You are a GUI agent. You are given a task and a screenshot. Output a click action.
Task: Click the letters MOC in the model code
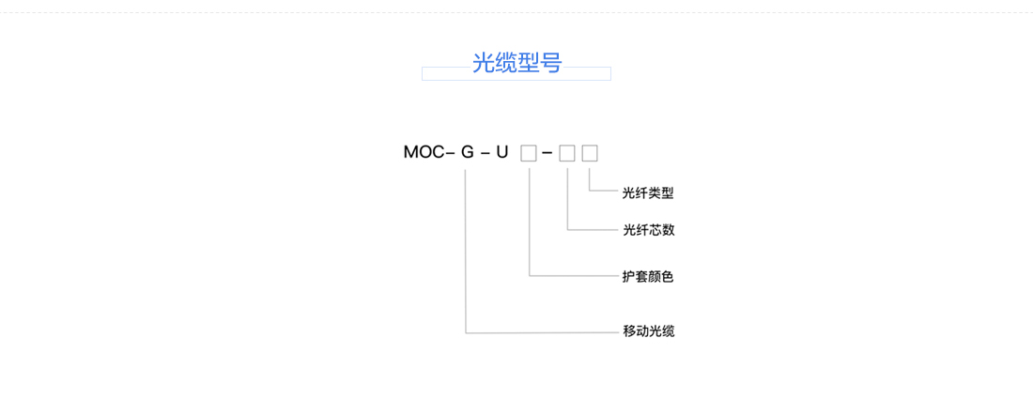[424, 153]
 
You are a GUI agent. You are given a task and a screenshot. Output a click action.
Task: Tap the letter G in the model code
[467, 153]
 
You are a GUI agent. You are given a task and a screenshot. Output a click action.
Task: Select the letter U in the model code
[502, 153]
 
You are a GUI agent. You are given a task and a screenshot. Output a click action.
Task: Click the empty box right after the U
[529, 153]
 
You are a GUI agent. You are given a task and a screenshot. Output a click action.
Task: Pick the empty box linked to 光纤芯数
[567, 153]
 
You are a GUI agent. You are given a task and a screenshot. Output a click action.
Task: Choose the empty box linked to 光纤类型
[590, 153]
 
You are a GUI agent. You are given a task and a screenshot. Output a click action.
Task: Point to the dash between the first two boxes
[547, 153]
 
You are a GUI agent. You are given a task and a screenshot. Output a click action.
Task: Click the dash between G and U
[485, 153]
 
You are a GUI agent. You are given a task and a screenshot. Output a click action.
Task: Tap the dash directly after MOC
[451, 153]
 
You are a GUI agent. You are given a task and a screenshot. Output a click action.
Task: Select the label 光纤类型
[648, 193]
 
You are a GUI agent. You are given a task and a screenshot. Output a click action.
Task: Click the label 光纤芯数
[648, 230]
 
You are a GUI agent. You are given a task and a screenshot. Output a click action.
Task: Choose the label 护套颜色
[648, 277]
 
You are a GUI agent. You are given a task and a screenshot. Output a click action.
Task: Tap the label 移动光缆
[648, 331]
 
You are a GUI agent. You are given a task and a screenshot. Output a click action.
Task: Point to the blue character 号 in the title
[550, 63]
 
